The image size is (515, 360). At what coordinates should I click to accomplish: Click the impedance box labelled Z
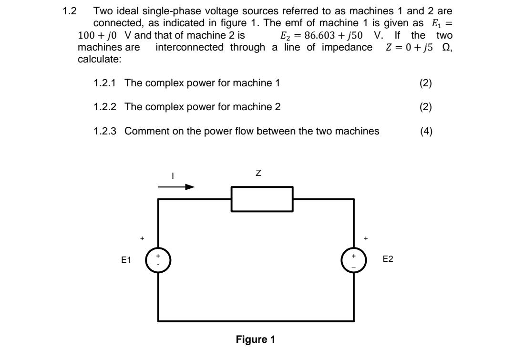pyautogui.click(x=262, y=199)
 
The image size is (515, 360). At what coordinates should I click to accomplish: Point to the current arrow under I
pyautogui.click(x=176, y=187)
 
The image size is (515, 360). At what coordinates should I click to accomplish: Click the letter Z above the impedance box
pyautogui.click(x=258, y=174)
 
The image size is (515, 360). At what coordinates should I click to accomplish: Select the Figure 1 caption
pyautogui.click(x=256, y=339)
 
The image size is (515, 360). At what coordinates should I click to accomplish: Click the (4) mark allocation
pyautogui.click(x=426, y=131)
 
